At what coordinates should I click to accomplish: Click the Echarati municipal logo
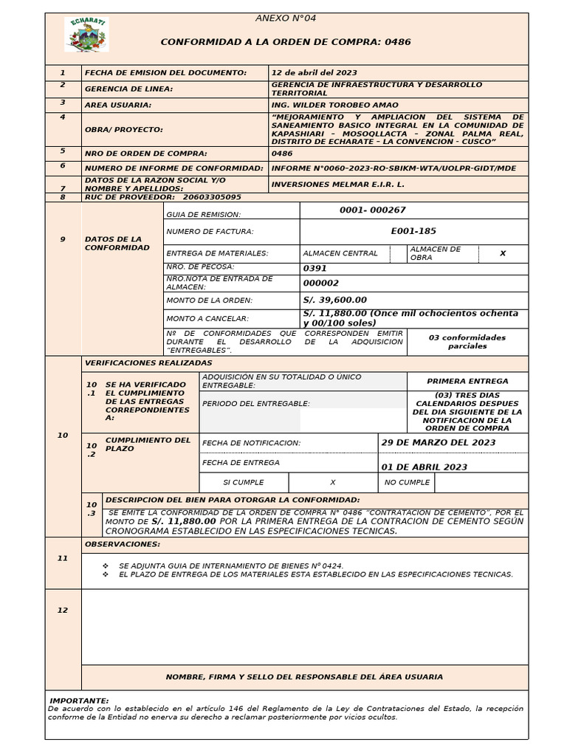point(86,35)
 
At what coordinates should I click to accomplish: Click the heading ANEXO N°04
point(285,18)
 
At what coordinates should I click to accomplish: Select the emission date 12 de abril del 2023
point(315,72)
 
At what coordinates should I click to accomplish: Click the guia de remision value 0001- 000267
point(373,210)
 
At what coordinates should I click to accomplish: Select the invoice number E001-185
point(413,231)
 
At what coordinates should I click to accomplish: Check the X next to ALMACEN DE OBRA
point(503,253)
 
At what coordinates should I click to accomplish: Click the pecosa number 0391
point(315,269)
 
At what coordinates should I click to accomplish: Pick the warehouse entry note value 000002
point(321,283)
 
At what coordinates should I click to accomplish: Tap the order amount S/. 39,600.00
point(334,300)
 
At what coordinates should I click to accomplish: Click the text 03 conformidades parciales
point(467,341)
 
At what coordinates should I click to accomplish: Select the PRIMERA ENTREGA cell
point(467,381)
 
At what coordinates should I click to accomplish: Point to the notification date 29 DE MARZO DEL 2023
point(438,442)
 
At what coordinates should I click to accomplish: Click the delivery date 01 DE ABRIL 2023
point(424,467)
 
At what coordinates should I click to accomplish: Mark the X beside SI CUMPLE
point(332,482)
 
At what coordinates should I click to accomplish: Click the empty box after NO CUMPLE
point(481,482)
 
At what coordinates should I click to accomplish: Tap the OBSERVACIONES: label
point(122,544)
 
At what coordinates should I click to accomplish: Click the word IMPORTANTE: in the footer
point(79,700)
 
